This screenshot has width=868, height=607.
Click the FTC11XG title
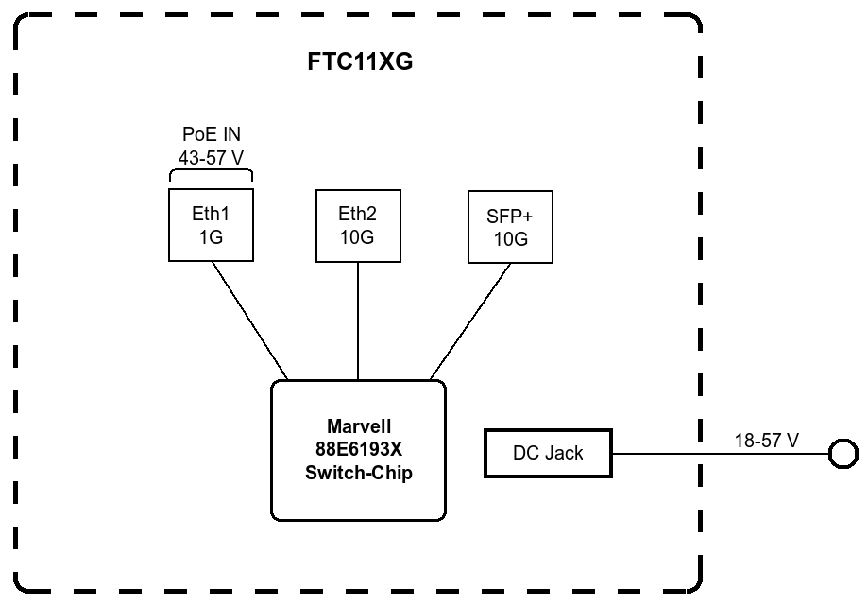click(x=361, y=63)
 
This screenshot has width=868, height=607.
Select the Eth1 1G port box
click(x=210, y=225)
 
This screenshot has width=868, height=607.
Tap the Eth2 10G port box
click(x=357, y=225)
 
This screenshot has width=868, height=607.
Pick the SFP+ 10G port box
click(x=510, y=227)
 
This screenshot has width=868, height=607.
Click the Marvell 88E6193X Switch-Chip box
click(x=358, y=450)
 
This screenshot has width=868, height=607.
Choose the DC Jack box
click(x=548, y=453)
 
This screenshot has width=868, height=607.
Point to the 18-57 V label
click(x=766, y=441)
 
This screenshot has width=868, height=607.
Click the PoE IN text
click(x=211, y=135)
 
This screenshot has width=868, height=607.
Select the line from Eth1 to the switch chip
click(x=248, y=320)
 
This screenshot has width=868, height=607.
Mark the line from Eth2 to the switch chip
click(x=358, y=320)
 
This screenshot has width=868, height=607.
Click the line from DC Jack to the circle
click(x=718, y=454)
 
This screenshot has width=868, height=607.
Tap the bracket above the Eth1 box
click(x=211, y=173)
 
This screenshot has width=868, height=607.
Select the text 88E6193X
click(x=358, y=451)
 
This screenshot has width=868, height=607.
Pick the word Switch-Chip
click(x=358, y=474)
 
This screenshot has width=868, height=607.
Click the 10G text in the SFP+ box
click(x=510, y=239)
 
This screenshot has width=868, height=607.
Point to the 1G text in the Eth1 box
click(x=210, y=237)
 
